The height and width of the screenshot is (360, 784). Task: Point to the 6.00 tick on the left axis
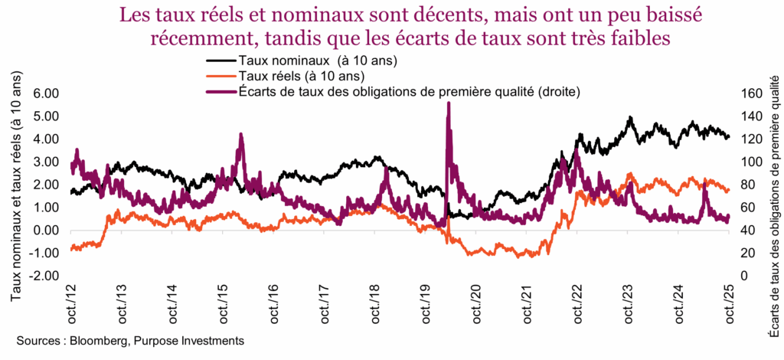tap(45, 93)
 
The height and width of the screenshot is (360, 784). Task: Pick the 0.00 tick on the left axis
tap(45, 230)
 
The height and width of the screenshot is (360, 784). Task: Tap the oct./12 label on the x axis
tap(70, 301)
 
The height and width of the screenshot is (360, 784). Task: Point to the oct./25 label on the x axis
tap(727, 301)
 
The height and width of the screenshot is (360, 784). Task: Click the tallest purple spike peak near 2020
tap(448, 103)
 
